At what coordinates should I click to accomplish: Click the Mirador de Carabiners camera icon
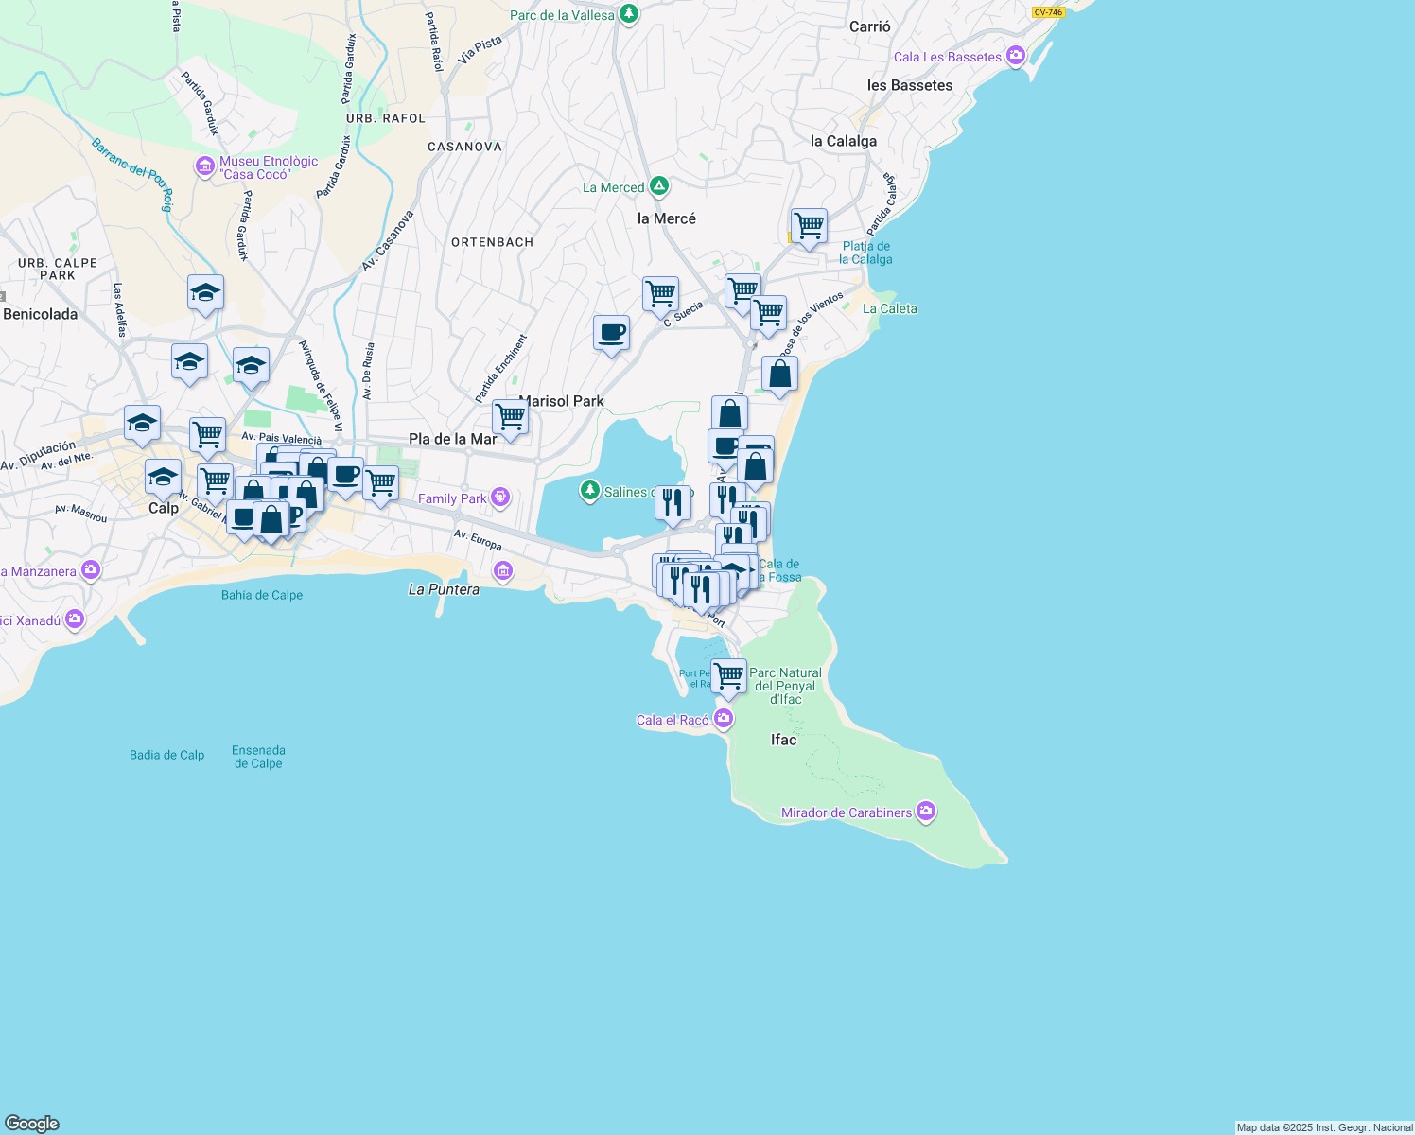[x=926, y=812]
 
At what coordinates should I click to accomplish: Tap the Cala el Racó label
[x=673, y=720]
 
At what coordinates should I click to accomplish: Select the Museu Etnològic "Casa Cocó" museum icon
[x=204, y=167]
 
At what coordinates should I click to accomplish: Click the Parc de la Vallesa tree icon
[x=628, y=14]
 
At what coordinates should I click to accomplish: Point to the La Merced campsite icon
[x=659, y=186]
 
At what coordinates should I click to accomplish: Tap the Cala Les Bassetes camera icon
[x=1016, y=56]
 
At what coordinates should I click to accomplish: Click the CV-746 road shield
[x=1048, y=12]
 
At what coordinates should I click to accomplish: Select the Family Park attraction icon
[x=500, y=498]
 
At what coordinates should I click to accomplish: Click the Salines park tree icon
[x=590, y=490]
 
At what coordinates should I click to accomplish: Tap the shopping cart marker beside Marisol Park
[x=510, y=417]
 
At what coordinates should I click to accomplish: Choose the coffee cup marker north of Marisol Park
[x=611, y=333]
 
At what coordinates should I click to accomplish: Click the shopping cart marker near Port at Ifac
[x=728, y=676]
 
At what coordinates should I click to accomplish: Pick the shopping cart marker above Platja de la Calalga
[x=809, y=226]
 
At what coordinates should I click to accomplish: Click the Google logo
[x=32, y=1124]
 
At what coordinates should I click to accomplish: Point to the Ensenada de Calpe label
[x=258, y=757]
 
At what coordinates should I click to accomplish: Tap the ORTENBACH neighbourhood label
[x=492, y=242]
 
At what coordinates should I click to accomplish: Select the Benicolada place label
[x=41, y=314]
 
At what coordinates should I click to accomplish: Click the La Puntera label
[x=444, y=589]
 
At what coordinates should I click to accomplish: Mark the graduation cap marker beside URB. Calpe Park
[x=205, y=292]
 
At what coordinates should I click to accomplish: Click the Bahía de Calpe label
[x=262, y=595]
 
